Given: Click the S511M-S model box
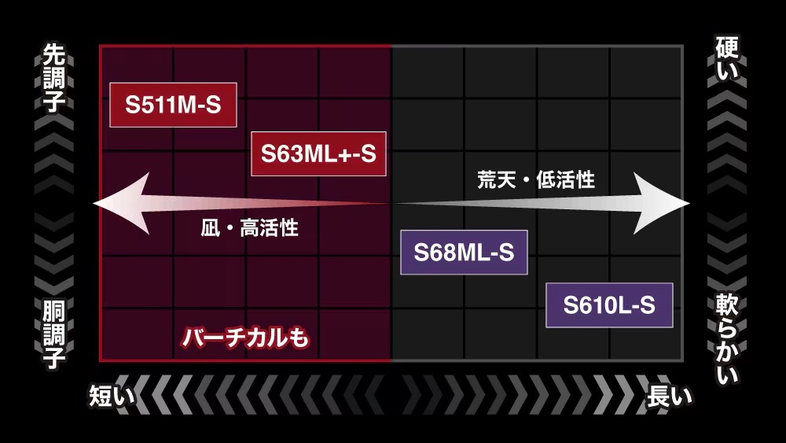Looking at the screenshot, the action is (x=173, y=105).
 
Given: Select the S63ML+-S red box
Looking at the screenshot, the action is (x=318, y=153).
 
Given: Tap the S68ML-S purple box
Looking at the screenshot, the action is (x=464, y=253).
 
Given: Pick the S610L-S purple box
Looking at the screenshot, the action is (x=609, y=305).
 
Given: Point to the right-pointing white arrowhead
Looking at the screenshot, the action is (x=661, y=203).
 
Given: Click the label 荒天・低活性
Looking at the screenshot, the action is (x=536, y=179).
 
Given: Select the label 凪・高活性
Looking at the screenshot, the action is (x=250, y=227).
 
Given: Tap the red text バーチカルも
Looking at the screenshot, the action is (x=245, y=338).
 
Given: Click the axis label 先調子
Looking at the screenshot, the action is (x=53, y=78).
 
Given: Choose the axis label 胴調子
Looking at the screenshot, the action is (x=53, y=334).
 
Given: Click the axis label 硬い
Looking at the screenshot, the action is (x=727, y=57).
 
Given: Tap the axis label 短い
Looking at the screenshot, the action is (x=112, y=396).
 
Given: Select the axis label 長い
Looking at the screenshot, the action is (x=670, y=396).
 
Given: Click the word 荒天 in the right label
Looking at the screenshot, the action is (x=496, y=179).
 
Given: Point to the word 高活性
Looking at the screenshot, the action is (x=269, y=227).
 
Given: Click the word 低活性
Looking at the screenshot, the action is (x=566, y=179).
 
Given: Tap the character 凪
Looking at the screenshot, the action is (x=210, y=227).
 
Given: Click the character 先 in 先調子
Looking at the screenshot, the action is (x=53, y=54).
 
